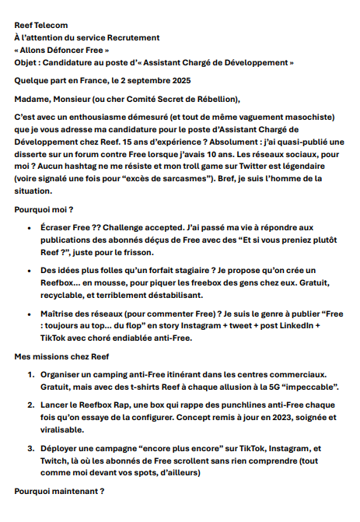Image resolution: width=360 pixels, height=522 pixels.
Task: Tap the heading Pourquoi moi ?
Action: [44, 209]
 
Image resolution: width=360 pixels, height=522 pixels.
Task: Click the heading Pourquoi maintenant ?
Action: [58, 492]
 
